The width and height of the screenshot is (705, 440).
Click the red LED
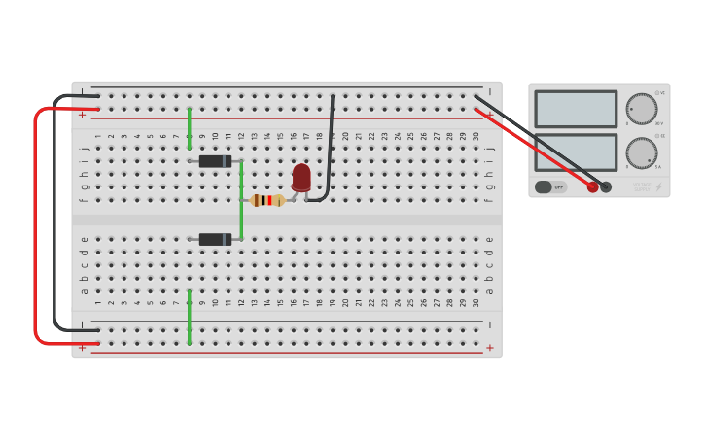(x=301, y=177)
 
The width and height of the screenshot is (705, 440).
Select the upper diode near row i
(x=215, y=161)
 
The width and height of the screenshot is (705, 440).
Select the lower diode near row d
(x=215, y=239)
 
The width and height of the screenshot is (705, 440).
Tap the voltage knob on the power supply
(x=641, y=109)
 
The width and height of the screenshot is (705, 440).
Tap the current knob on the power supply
(x=641, y=152)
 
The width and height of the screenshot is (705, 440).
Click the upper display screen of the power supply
(x=576, y=109)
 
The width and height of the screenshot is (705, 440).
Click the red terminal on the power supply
(x=592, y=186)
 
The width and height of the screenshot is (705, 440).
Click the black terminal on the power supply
(x=606, y=186)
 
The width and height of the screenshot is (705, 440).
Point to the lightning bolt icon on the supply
(x=658, y=186)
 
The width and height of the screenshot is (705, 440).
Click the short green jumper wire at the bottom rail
(x=190, y=317)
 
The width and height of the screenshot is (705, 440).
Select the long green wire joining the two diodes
(x=241, y=200)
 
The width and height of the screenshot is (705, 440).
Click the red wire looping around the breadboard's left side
(x=36, y=223)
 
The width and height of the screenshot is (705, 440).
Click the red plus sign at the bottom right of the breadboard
(x=489, y=347)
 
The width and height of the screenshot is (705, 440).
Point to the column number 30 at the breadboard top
(x=476, y=137)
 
